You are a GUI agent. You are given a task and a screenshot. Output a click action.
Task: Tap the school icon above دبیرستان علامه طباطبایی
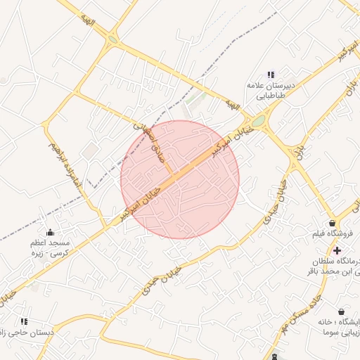click(271, 75)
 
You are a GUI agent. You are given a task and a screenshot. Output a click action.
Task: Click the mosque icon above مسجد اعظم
click(49, 232)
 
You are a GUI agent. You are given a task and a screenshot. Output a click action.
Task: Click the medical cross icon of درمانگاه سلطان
click(337, 250)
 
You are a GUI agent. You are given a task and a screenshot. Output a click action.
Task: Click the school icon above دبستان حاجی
click(24, 321)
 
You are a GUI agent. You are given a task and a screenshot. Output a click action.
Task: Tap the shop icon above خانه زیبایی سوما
click(341, 311)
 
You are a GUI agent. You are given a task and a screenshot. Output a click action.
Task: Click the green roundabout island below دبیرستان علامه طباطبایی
click(259, 122)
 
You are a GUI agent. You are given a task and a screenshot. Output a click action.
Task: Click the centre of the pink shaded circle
click(180, 179)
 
